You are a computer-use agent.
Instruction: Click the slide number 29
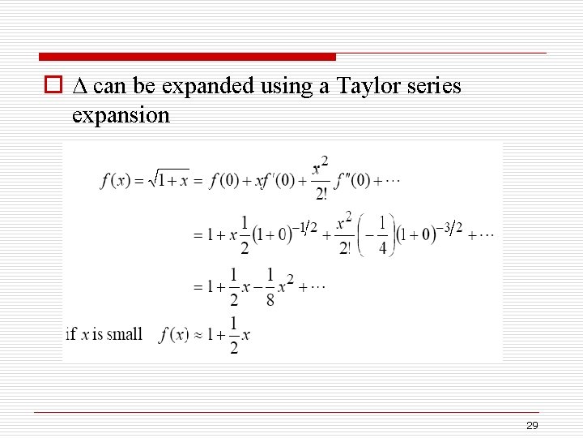(532, 426)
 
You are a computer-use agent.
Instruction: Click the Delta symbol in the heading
(79, 86)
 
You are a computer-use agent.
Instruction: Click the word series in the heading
(432, 86)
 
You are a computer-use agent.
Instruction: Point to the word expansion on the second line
(121, 115)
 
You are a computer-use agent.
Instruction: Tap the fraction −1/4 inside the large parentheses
(380, 235)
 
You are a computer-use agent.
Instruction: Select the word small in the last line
(125, 334)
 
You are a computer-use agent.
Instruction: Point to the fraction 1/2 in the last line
(233, 335)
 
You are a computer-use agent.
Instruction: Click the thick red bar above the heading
(187, 57)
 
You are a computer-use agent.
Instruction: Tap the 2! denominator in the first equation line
(321, 193)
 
